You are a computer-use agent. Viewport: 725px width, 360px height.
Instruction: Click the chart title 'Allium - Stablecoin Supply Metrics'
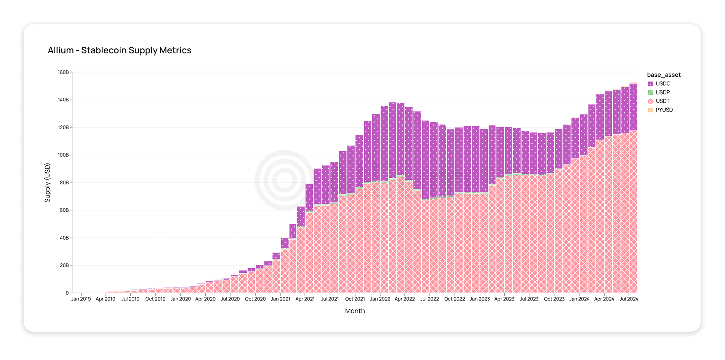[x=120, y=50]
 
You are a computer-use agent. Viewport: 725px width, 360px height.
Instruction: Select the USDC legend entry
[x=663, y=84]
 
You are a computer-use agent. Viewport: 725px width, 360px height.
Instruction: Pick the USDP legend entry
[x=663, y=93]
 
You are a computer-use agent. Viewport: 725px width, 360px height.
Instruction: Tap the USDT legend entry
[x=663, y=101]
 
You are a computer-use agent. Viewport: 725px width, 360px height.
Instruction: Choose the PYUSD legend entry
[x=664, y=110]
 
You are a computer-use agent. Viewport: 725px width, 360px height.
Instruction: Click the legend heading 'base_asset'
[x=664, y=75]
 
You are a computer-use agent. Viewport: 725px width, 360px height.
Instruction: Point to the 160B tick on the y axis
[x=63, y=72]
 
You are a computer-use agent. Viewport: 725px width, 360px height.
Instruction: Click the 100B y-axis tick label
[x=63, y=155]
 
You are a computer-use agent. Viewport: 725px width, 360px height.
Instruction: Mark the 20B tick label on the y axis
[x=64, y=266]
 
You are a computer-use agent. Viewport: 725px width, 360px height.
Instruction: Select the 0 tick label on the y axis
[x=67, y=293]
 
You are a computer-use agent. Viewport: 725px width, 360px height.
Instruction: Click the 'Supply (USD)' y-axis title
[x=48, y=183]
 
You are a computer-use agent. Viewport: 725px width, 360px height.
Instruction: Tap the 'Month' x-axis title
[x=355, y=311]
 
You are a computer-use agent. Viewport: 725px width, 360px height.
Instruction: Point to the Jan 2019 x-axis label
[x=81, y=299]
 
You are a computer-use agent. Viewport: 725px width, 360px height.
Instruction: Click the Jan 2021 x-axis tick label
[x=280, y=299]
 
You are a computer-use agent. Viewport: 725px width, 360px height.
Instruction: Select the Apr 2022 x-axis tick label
[x=405, y=299]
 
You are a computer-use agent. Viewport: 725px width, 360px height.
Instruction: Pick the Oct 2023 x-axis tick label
[x=554, y=299]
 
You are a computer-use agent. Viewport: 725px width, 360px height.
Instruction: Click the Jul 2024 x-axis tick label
[x=629, y=299]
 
